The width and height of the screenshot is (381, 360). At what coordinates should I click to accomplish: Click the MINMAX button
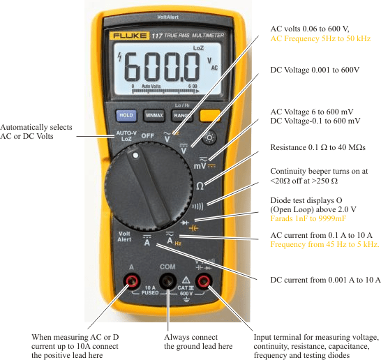pos(154,115)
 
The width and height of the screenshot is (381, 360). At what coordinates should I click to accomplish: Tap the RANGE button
pos(183,115)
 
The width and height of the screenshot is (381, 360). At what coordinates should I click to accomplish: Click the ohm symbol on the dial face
pos(200,186)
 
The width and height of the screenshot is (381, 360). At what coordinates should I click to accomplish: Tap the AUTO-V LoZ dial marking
pos(126,136)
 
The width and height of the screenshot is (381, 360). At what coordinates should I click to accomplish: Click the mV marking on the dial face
pos(200,166)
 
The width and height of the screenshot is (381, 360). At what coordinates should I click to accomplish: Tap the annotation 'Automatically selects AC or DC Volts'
pos(35,131)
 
